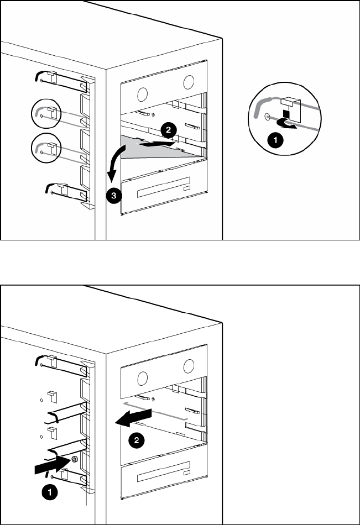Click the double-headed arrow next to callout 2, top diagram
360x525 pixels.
[x=158, y=144]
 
